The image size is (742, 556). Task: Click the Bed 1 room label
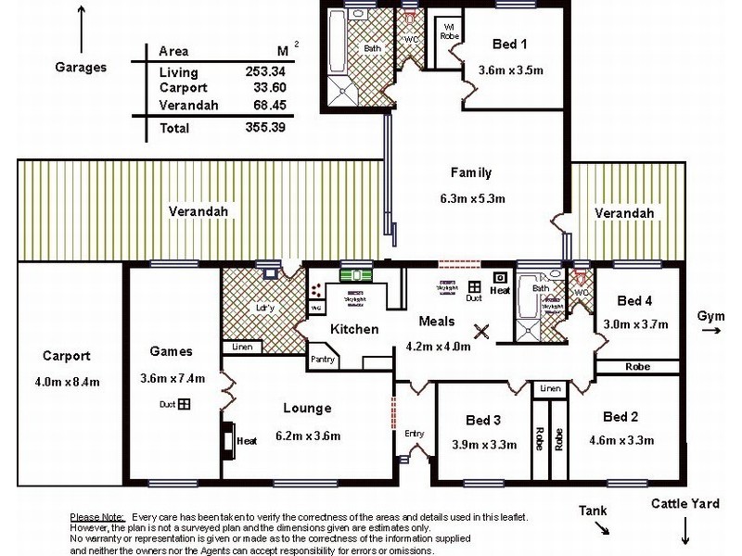coord(510,44)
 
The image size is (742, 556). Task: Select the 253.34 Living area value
coord(262,71)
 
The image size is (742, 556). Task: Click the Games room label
coord(170,351)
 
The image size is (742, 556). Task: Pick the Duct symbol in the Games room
coord(185,404)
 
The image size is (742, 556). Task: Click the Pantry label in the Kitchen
coord(323,359)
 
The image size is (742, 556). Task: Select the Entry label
coord(414,433)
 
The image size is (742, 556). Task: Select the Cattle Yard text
coord(684,504)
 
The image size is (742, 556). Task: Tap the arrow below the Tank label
coord(602,529)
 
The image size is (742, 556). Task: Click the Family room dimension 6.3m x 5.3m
coord(471,198)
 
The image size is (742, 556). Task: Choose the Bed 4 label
coord(635,299)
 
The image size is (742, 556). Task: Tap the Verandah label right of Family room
coord(624,213)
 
